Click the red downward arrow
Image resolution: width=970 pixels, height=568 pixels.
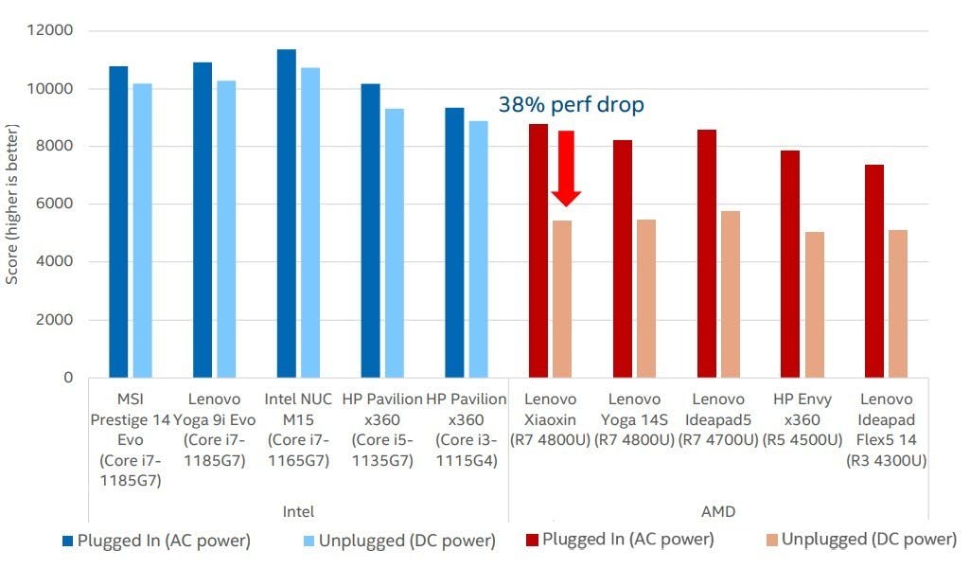coord(566,170)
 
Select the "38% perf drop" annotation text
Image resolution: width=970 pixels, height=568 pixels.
coord(571,104)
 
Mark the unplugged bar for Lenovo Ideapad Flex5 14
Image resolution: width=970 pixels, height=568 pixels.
coord(898,303)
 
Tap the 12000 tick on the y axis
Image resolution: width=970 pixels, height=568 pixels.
coord(53,31)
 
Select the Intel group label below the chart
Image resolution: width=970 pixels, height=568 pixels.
coord(298,511)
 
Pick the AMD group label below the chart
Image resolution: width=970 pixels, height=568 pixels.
coord(719,511)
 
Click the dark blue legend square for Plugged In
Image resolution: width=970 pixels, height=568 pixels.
coord(67,541)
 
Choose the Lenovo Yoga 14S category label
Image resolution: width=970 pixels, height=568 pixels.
coord(635,419)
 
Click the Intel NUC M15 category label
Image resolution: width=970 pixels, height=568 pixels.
coord(298,419)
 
